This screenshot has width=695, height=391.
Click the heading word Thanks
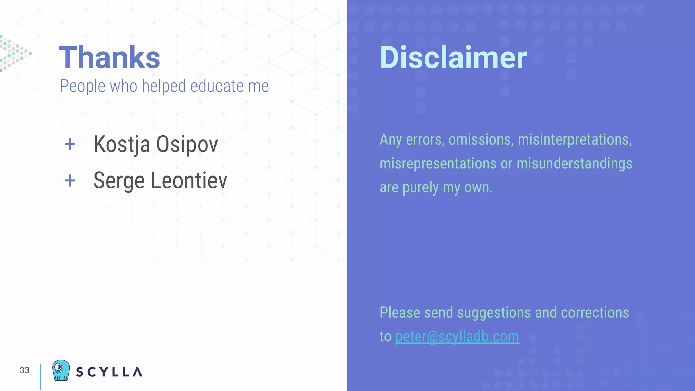(109, 57)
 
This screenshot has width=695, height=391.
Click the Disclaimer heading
(453, 58)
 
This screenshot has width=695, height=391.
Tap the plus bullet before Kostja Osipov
(70, 145)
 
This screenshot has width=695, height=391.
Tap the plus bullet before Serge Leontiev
(70, 181)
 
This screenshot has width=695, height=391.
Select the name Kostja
(121, 145)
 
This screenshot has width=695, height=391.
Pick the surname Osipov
(187, 145)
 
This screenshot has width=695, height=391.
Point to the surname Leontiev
(189, 180)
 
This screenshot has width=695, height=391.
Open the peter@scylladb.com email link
(457, 337)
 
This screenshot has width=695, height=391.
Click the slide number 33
(24, 370)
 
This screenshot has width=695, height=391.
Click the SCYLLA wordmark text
(109, 372)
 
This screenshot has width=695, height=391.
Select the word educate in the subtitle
(217, 86)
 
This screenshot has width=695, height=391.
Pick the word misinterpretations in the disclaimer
(575, 140)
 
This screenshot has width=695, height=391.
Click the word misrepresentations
(438, 164)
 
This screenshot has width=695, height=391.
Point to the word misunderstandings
(574, 164)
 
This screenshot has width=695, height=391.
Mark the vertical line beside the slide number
(40, 376)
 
